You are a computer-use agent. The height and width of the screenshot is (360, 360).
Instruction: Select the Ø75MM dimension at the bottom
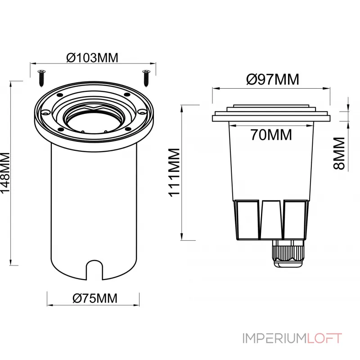coord(95,298)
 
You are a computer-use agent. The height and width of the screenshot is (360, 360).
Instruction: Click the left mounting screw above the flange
coord(41,78)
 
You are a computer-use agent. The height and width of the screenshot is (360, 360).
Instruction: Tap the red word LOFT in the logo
coord(324,338)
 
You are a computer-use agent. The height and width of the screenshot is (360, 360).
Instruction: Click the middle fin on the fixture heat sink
coord(271,219)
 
